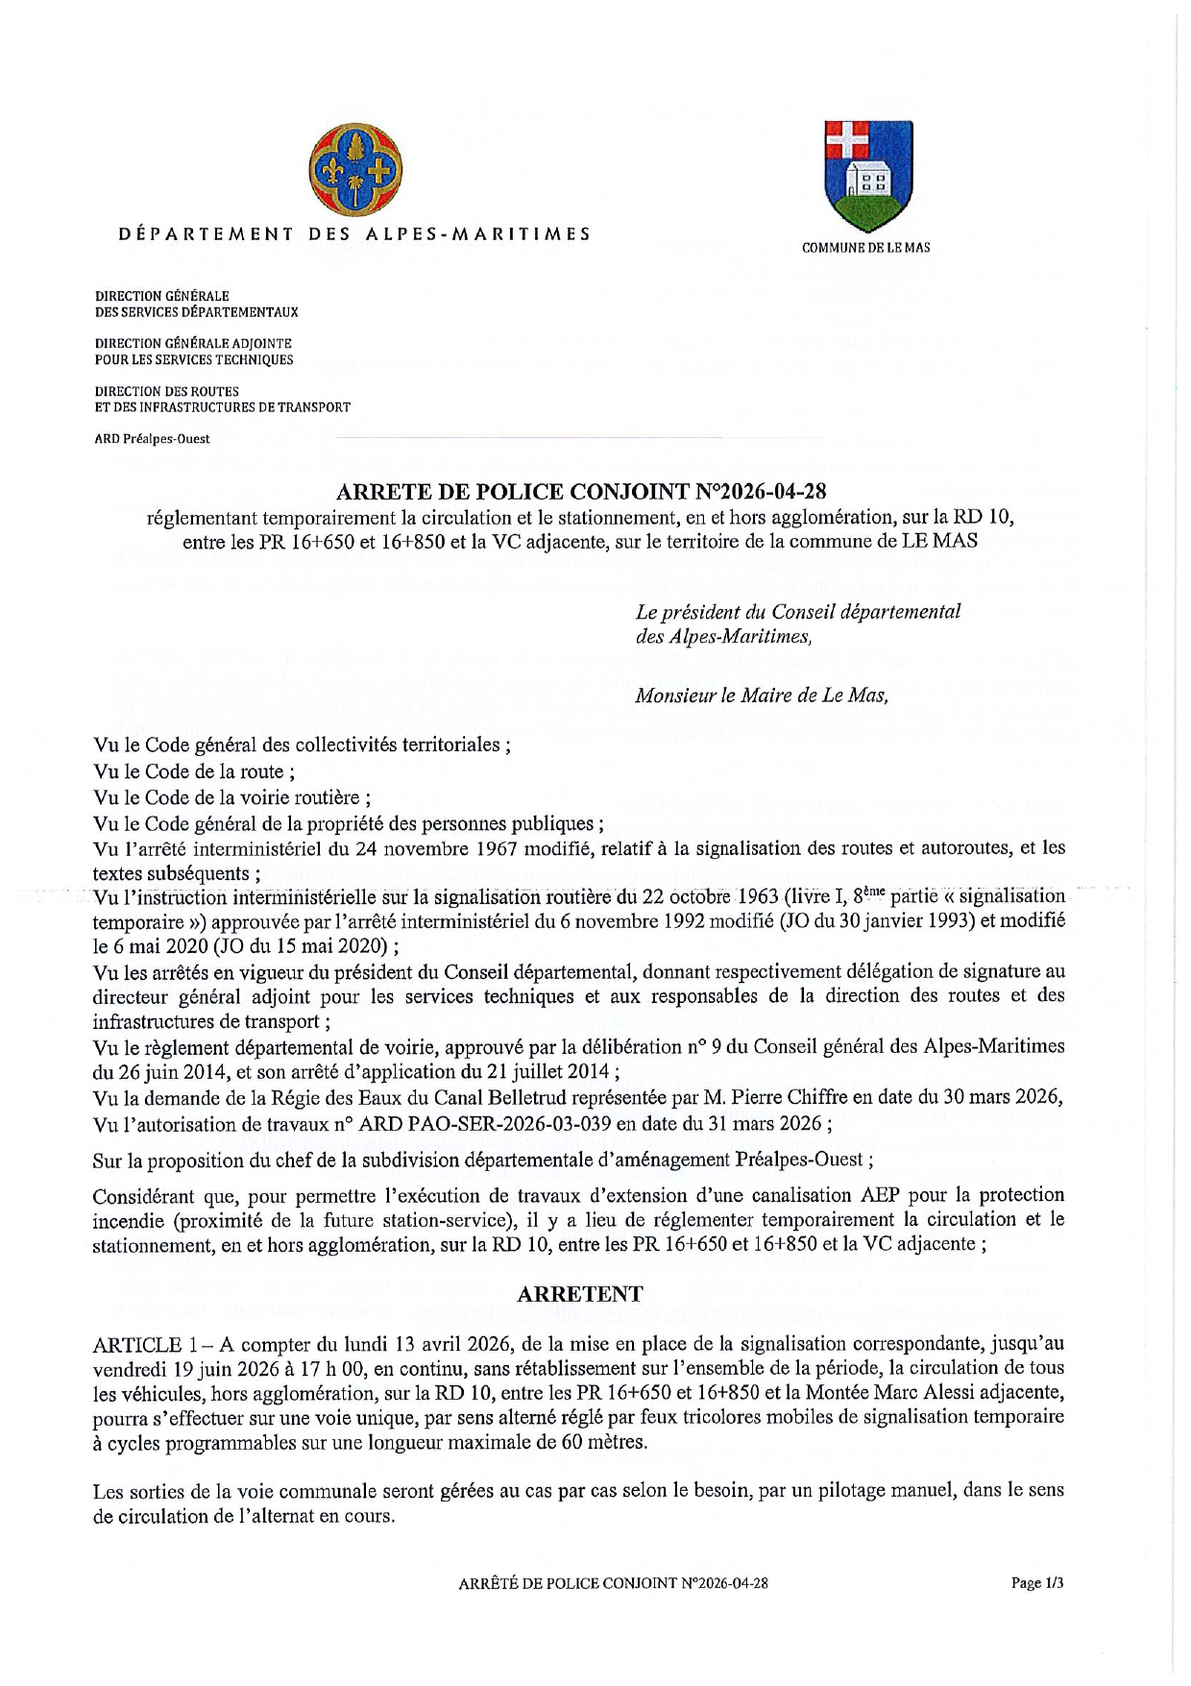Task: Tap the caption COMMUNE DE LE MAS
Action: point(865,248)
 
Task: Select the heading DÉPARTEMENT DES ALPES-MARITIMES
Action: point(354,233)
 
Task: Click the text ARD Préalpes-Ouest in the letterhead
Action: point(152,439)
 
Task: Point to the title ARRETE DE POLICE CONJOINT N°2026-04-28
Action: point(581,493)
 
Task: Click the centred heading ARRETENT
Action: point(580,1294)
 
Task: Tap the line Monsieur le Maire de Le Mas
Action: point(761,696)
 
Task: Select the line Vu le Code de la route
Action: point(194,771)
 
